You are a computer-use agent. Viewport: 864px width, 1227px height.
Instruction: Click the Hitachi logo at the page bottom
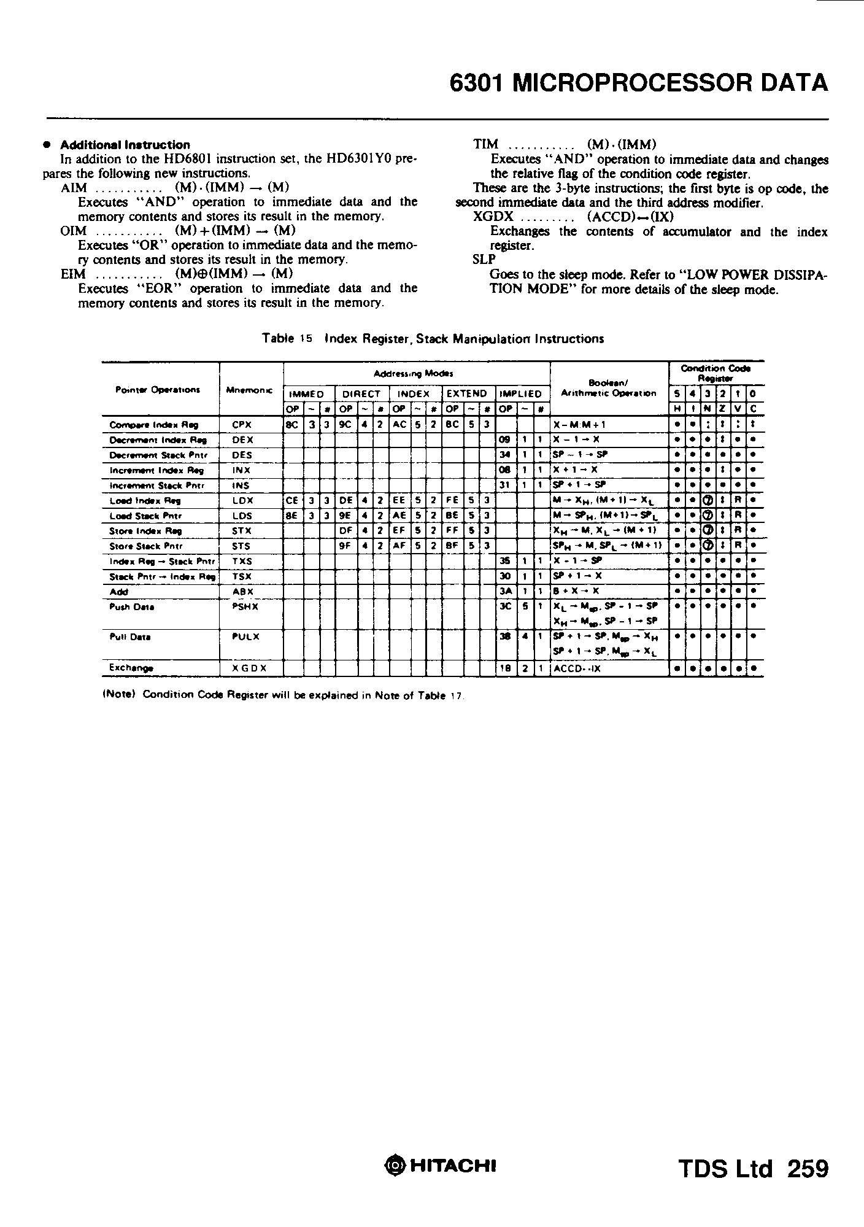439,1165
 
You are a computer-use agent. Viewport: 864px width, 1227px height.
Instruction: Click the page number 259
807,1168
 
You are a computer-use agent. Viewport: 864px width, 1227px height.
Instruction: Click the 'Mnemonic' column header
250,390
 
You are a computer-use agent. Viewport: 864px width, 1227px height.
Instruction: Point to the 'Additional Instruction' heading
125,145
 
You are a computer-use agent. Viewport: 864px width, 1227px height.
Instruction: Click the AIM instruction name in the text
74,188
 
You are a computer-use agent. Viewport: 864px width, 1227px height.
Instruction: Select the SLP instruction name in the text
484,260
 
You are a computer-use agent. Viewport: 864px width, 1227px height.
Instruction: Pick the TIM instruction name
486,145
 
